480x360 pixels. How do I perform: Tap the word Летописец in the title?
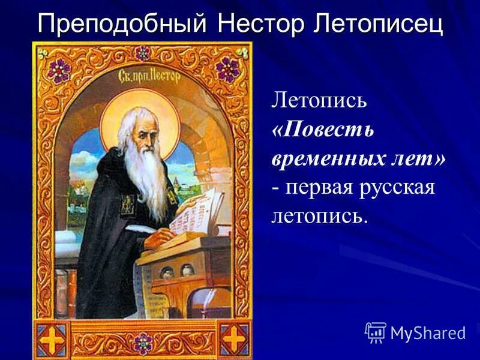[x=378, y=24]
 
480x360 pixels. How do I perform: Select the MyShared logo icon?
[x=375, y=331]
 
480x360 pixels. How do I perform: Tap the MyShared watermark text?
[x=427, y=332]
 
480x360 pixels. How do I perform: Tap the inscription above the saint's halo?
[x=142, y=78]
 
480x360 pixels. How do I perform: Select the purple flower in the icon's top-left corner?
[x=59, y=70]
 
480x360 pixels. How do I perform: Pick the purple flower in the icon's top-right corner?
[x=227, y=70]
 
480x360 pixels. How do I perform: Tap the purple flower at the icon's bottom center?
[x=143, y=344]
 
